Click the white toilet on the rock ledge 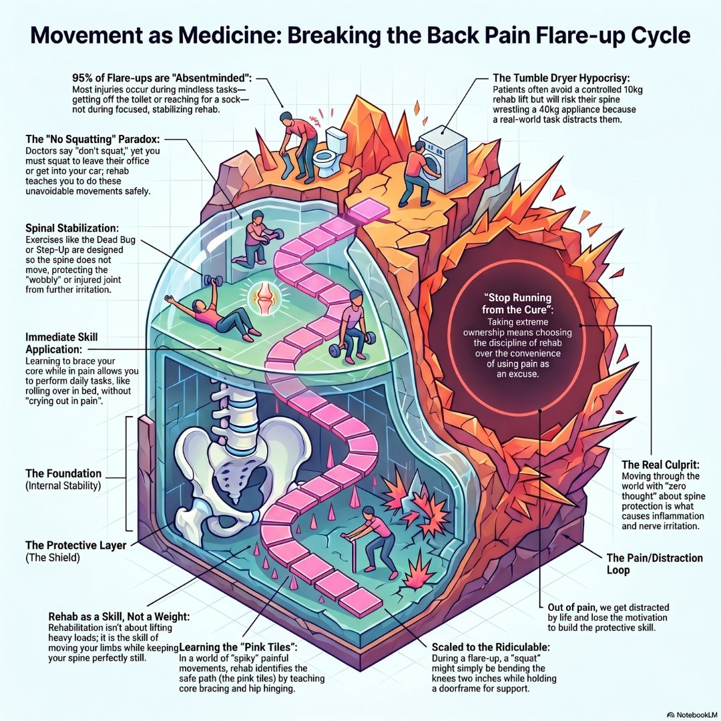coord(330,153)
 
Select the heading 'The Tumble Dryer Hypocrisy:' coord(561,77)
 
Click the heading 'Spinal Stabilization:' coord(72,228)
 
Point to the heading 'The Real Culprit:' coord(660,465)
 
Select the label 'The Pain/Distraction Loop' coord(654,563)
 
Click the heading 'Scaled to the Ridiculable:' coord(491,647)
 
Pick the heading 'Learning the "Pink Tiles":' coord(238,647)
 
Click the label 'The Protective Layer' coord(76,545)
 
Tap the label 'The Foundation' coord(63,473)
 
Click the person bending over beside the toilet coord(297,144)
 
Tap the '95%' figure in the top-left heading coord(83,77)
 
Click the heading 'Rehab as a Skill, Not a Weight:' coord(119,616)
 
